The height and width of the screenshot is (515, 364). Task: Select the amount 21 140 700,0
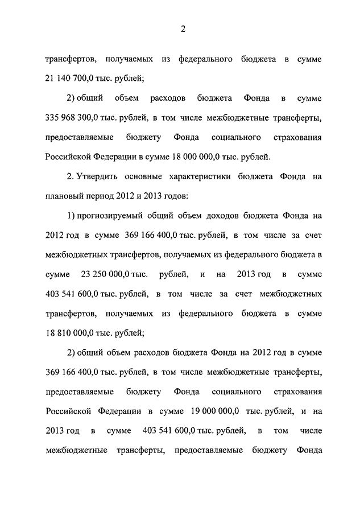coord(65,78)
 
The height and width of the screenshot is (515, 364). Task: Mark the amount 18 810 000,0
coord(65,333)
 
